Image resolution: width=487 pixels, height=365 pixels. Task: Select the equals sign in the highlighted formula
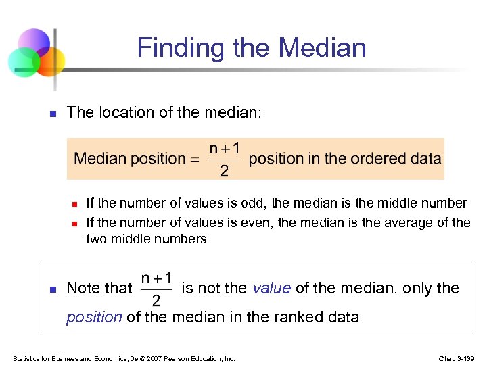click(195, 160)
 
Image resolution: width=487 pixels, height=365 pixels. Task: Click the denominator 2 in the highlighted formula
click(223, 172)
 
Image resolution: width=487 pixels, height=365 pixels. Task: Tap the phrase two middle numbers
click(146, 239)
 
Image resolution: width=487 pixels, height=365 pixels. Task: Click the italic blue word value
click(272, 289)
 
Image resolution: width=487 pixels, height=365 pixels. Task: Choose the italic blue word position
click(94, 317)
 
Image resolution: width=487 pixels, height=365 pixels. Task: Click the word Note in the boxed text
click(83, 289)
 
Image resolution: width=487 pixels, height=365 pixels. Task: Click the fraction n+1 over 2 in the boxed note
click(157, 289)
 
